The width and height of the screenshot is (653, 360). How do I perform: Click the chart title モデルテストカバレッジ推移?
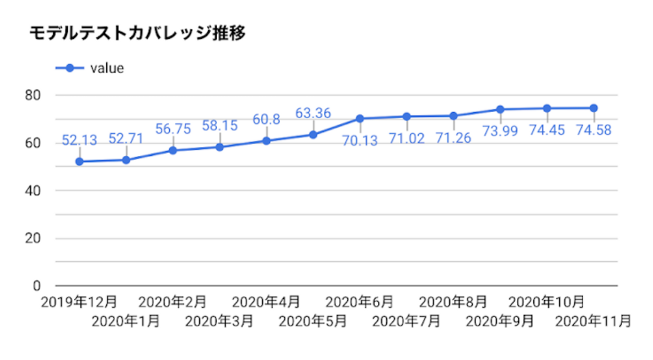tap(137, 34)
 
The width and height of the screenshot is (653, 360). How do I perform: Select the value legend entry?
tap(107, 68)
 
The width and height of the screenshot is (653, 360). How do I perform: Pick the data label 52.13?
tap(79, 140)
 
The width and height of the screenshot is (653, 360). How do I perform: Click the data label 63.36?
tap(313, 113)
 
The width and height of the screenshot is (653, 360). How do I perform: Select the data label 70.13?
tap(360, 141)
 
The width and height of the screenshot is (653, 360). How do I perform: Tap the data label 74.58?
tap(593, 130)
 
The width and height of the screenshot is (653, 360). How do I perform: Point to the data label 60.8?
tap(266, 120)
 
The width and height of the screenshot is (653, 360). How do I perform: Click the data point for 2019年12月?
tap(79, 161)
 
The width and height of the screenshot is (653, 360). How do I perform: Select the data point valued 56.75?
tap(173, 151)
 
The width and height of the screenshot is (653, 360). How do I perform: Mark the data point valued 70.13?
tap(360, 118)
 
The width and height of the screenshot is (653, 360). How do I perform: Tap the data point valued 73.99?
tap(500, 109)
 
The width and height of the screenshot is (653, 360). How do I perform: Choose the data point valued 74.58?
tap(593, 108)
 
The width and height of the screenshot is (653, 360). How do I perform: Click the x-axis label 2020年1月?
tap(126, 321)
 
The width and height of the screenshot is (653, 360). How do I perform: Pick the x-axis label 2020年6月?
tap(360, 302)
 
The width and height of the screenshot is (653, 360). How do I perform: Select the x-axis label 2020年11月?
tap(593, 321)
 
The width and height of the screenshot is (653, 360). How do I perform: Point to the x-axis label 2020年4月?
tap(266, 302)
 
